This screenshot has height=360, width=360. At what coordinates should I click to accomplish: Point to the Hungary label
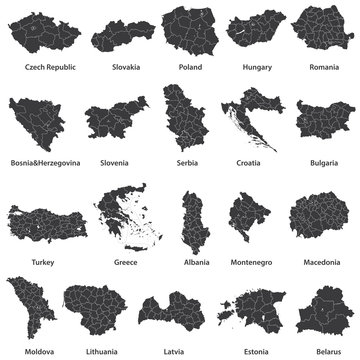[x=257, y=68]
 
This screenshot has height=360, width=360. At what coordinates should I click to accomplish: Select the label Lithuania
[x=100, y=351]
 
